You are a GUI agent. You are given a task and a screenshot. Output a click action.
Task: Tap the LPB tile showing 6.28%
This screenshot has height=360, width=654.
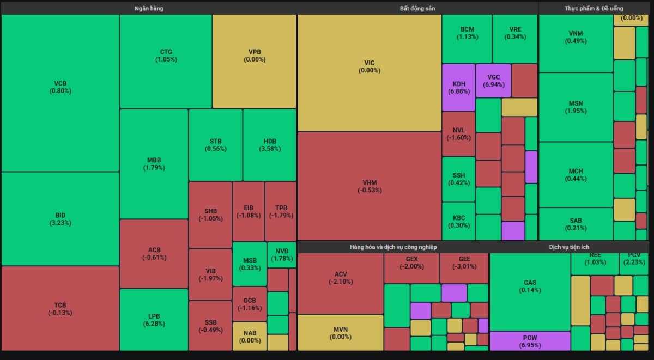click(x=154, y=320)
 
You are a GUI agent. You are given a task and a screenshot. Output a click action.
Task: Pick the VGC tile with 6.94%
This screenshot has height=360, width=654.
click(x=493, y=81)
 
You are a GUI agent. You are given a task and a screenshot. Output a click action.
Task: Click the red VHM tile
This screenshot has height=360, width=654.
click(x=370, y=186)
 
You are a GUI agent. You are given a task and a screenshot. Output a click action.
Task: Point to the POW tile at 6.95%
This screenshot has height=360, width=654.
click(x=530, y=341)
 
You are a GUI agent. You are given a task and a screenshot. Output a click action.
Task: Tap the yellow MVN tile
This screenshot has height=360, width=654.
click(x=341, y=333)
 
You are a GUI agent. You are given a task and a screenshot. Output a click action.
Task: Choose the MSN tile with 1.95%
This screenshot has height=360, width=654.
click(x=576, y=107)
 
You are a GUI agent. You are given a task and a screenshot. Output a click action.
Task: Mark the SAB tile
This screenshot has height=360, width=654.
click(x=576, y=224)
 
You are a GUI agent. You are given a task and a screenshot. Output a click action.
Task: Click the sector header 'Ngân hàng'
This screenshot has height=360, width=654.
click(x=149, y=9)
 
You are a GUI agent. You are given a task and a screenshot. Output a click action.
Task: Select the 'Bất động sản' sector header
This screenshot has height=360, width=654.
click(x=417, y=9)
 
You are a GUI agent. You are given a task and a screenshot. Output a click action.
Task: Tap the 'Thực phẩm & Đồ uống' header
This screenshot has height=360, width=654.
click(x=594, y=9)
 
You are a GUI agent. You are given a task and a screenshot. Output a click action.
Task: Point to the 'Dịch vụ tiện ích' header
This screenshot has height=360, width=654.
click(x=569, y=247)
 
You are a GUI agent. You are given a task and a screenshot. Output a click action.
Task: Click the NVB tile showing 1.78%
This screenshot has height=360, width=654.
click(x=282, y=254)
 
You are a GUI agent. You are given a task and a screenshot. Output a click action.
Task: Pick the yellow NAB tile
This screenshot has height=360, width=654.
click(x=250, y=337)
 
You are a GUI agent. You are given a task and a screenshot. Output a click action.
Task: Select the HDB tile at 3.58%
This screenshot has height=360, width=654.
click(x=269, y=145)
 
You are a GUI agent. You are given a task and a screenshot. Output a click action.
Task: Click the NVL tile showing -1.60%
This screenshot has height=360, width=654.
click(x=458, y=134)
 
